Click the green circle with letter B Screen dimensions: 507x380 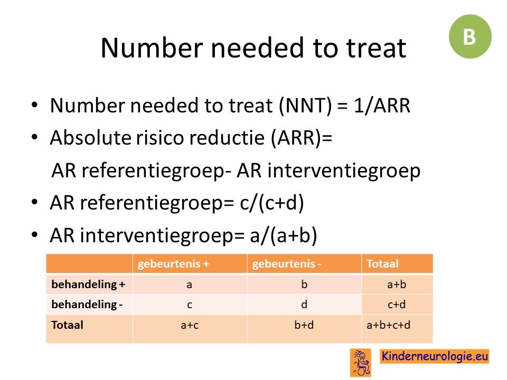[470, 36]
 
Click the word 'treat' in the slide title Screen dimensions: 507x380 [377, 48]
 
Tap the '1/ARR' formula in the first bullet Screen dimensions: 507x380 [382, 106]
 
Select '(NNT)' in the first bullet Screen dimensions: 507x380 [305, 106]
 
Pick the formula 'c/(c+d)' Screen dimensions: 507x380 [272, 203]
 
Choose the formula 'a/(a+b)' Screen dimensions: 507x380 [283, 235]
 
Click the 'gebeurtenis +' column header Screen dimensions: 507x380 [173, 264]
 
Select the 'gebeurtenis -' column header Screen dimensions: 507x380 [286, 264]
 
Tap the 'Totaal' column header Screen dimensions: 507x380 [382, 264]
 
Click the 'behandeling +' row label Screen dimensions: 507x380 [88, 284]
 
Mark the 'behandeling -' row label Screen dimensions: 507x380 [87, 305]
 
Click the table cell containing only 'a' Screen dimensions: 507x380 [190, 284]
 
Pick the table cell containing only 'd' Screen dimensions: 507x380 [304, 305]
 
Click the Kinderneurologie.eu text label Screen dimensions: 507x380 [435, 356]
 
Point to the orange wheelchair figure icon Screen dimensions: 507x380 [361, 363]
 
